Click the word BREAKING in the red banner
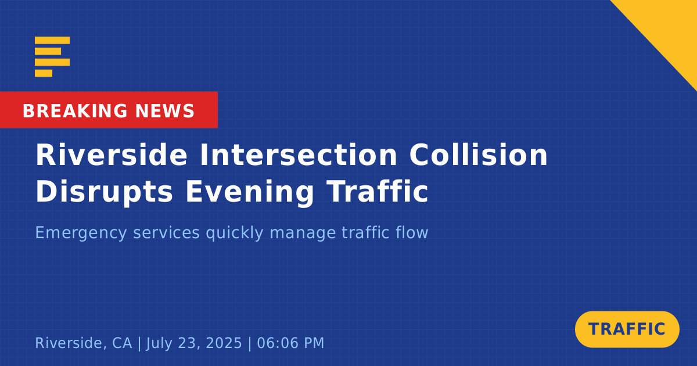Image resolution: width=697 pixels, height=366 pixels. coord(75,111)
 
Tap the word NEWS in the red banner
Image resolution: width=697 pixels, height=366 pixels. coord(165,111)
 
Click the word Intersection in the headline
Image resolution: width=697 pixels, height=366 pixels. coord(299,155)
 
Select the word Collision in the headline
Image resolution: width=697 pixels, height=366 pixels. coord(478,155)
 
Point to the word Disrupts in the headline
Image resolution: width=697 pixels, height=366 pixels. coord(104,193)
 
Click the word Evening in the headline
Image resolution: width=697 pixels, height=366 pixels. coord(250,193)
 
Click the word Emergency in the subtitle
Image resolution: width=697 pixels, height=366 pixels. coord(81,233)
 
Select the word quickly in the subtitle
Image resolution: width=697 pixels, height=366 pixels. coord(235,233)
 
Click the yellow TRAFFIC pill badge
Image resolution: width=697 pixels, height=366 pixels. coord(627,329)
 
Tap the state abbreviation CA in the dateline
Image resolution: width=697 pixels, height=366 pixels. coord(122,343)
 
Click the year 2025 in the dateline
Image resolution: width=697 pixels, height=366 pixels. coord(224,343)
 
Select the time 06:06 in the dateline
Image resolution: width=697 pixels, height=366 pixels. coord(275,343)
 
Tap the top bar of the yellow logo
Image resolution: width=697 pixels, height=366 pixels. coord(52,40)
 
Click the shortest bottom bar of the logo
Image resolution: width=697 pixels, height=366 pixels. coord(44,73)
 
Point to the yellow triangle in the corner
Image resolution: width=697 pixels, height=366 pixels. coord(672,25)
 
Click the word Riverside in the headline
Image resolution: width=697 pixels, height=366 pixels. coord(112,155)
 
